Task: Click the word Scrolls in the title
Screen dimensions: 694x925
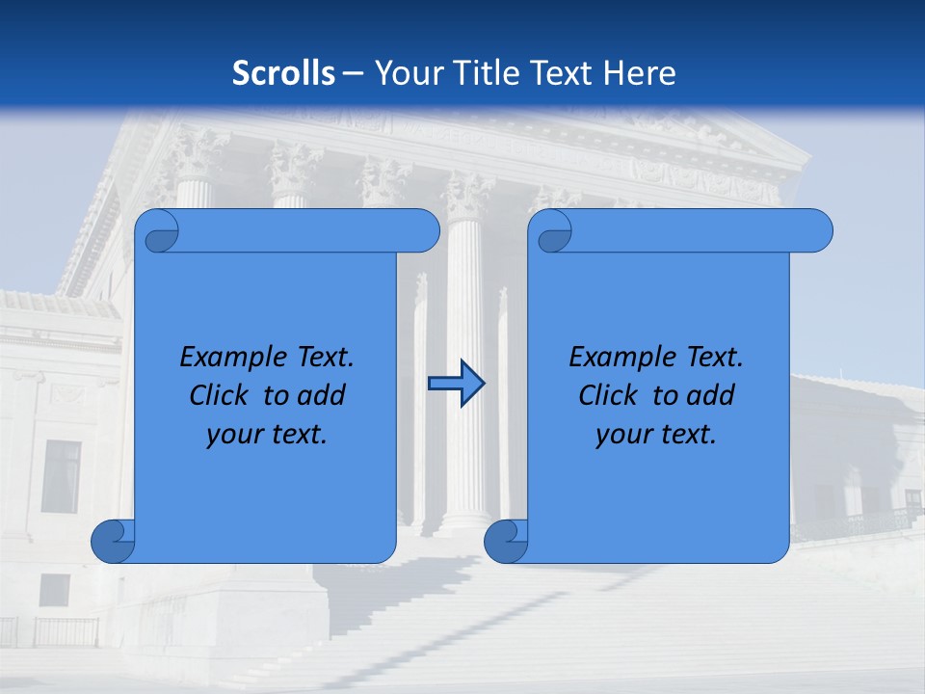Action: click(x=283, y=73)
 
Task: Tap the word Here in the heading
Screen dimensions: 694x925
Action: click(x=639, y=73)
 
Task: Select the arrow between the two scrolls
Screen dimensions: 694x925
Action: click(x=456, y=385)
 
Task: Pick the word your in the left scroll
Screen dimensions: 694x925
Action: click(x=231, y=434)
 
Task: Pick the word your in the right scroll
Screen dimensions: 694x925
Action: click(x=621, y=434)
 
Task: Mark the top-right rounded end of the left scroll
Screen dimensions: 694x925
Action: click(x=424, y=231)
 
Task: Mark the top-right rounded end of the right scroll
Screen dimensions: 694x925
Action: click(x=817, y=231)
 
